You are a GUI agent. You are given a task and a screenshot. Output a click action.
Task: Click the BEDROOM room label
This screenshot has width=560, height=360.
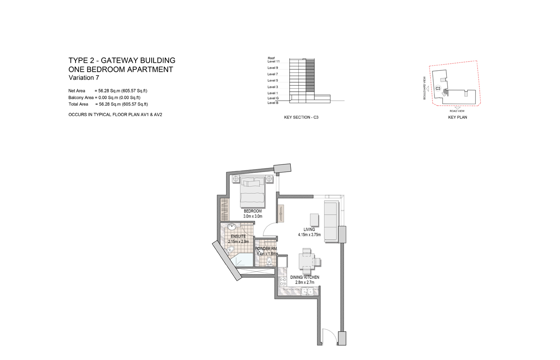coord(252,211)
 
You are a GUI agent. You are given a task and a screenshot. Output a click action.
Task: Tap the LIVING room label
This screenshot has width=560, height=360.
coord(309,230)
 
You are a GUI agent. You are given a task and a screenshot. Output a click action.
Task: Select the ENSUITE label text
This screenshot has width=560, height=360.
coord(238,236)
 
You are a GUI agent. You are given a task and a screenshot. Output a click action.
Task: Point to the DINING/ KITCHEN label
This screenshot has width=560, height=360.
coord(305,277)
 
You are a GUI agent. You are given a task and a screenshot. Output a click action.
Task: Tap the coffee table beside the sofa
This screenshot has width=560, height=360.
coord(314,220)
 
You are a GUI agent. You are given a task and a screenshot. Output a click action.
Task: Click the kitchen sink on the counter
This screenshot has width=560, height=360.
coord(308,291)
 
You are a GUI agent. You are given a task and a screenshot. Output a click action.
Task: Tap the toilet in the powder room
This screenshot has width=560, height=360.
coord(269,261)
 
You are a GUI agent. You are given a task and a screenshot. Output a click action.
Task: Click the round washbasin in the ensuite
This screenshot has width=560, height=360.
coord(232,227)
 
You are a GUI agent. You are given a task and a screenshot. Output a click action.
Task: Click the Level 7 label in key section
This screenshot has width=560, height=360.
coord(272,74)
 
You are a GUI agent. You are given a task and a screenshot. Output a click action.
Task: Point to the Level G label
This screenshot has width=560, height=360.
coord(273,98)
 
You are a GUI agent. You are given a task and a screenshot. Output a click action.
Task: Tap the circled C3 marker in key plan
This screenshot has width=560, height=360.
coord(438,88)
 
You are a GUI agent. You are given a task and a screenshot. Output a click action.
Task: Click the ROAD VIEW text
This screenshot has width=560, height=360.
coord(457,111)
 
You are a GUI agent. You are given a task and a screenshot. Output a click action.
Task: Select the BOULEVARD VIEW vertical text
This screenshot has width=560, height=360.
coord(424,88)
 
